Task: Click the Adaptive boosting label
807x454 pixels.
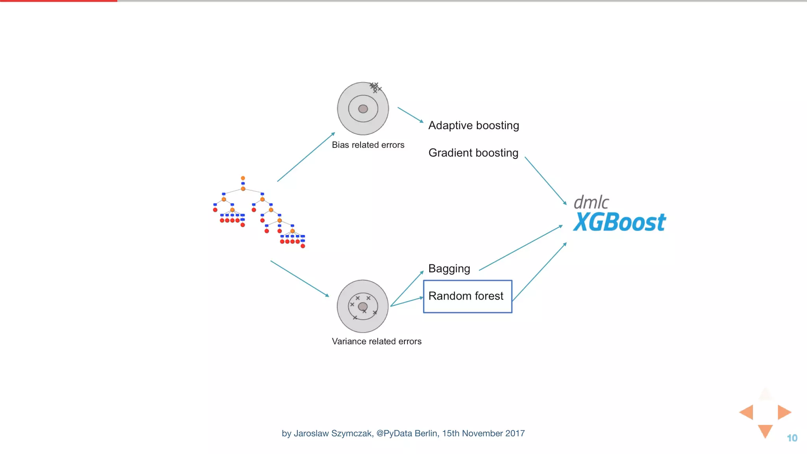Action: click(474, 125)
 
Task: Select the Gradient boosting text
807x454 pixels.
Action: click(473, 153)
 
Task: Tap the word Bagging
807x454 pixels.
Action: click(449, 269)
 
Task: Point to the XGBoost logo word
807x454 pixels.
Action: click(619, 222)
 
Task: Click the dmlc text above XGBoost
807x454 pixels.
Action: click(591, 203)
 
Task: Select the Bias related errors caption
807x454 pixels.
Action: click(368, 145)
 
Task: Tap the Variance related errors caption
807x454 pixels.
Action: click(376, 341)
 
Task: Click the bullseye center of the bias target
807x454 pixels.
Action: click(363, 109)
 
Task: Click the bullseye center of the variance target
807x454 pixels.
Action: click(363, 307)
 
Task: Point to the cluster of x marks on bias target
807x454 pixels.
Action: click(375, 87)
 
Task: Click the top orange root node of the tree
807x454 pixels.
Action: click(243, 178)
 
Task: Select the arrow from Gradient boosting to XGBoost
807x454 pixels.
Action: click(545, 180)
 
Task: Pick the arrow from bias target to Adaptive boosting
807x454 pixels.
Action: click(410, 115)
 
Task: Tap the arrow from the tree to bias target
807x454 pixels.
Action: click(306, 157)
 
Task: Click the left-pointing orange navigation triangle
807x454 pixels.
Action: click(747, 412)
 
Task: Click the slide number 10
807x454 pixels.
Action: click(792, 438)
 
